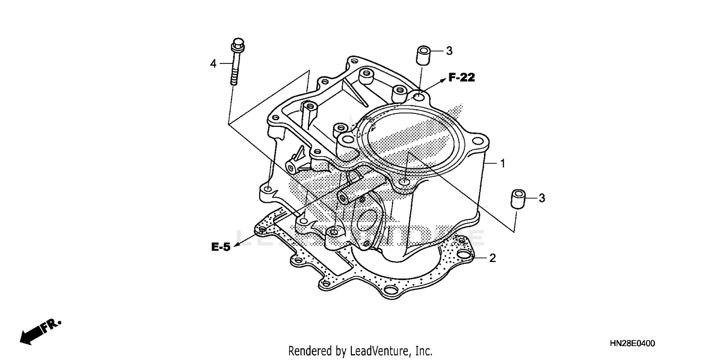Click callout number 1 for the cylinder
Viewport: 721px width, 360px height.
point(503,163)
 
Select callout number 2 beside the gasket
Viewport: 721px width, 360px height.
point(492,258)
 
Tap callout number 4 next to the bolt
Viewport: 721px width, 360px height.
point(213,63)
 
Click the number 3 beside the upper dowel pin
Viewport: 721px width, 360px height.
point(449,50)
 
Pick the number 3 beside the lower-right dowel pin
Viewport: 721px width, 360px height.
point(542,198)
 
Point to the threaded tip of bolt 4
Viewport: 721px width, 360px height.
point(234,80)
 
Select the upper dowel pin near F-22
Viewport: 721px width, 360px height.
point(423,56)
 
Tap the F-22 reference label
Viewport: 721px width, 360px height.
point(461,77)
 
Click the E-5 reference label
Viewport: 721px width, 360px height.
point(221,247)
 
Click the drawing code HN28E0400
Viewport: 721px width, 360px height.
point(632,343)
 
